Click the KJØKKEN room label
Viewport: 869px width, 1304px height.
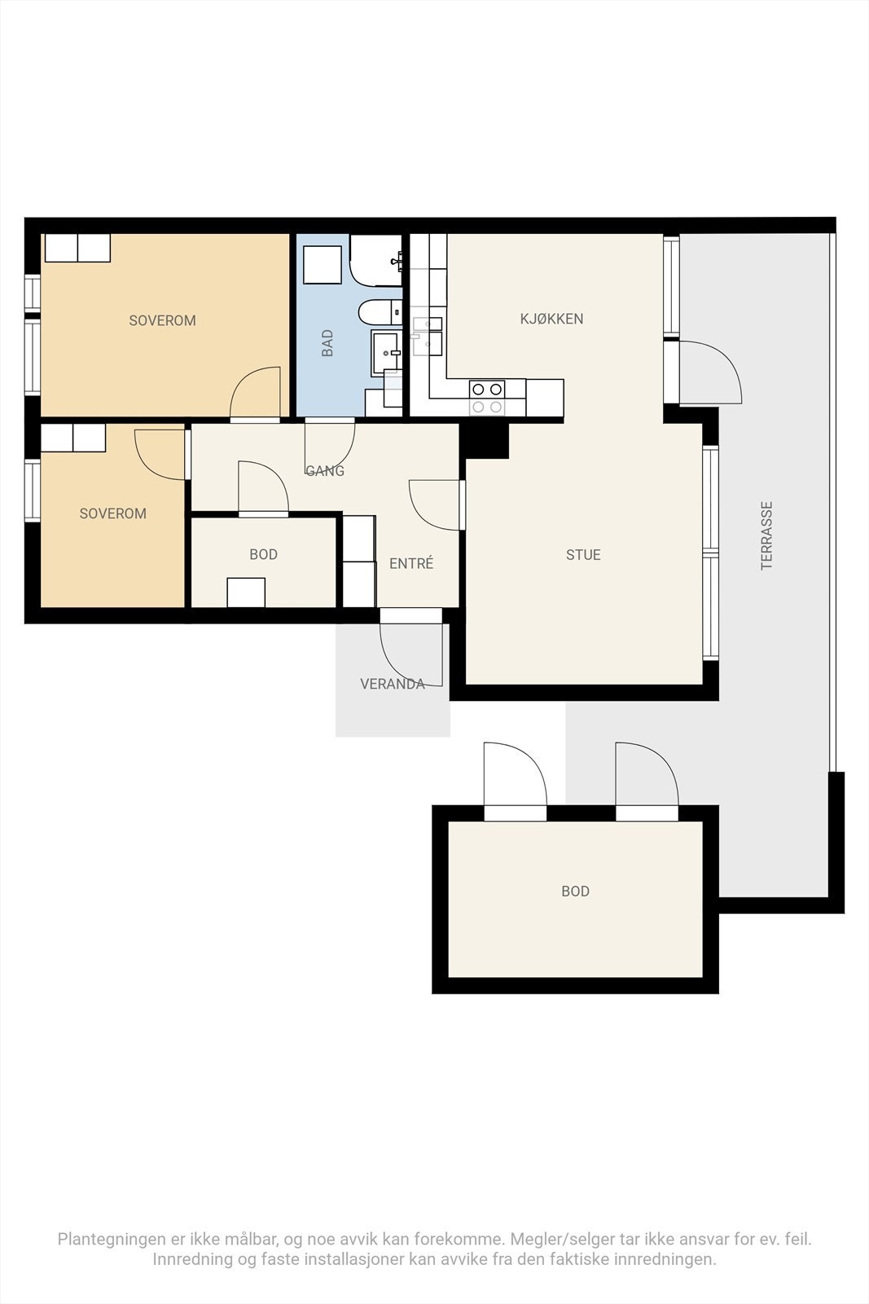tap(551, 319)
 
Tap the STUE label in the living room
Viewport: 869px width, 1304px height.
tap(583, 555)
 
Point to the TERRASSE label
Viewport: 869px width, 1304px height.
tap(766, 535)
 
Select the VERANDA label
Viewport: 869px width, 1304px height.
tap(392, 684)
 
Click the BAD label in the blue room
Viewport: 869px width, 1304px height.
tap(327, 343)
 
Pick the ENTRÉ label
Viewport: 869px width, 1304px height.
tap(411, 563)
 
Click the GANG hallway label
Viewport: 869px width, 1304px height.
tap(325, 470)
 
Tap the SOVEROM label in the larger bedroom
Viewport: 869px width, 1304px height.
tap(162, 321)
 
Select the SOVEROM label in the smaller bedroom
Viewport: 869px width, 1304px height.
tap(113, 513)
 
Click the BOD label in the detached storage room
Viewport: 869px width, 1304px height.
tap(575, 892)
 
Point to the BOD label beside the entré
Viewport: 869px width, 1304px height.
tap(264, 554)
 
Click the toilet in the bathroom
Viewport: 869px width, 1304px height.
tap(380, 313)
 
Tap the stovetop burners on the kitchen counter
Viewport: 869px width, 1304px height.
tap(487, 398)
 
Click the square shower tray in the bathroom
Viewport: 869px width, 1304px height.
tap(323, 265)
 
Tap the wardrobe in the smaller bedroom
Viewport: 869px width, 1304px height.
tap(73, 438)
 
